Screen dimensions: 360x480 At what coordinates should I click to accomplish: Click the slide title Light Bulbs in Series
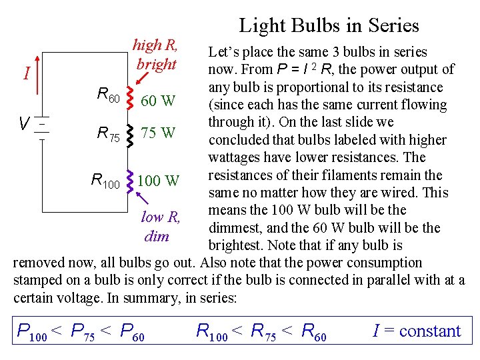coord(329,26)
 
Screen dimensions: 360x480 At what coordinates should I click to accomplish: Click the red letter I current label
coord(26,72)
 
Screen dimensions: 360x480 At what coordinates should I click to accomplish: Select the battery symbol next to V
coord(42,124)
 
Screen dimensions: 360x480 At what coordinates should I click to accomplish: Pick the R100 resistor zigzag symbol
coord(129,180)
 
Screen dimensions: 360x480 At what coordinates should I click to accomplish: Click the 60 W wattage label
coord(158,101)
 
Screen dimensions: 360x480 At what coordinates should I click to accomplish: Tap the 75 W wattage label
coord(158,133)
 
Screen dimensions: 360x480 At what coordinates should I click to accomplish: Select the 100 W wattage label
coord(158,180)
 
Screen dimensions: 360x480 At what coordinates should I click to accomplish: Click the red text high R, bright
coord(155,55)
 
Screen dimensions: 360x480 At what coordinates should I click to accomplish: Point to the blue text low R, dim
coord(159,227)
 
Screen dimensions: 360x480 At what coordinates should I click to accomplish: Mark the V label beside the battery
coord(23,124)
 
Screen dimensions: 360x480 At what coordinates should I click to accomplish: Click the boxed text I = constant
coord(417,331)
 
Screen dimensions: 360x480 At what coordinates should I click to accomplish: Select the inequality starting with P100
coord(81,331)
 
